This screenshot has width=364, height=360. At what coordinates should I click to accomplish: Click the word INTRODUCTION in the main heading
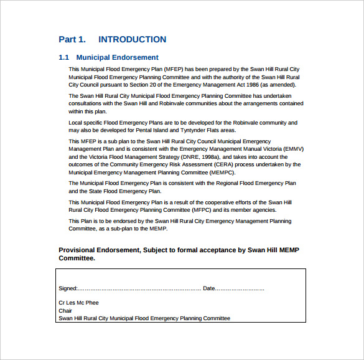click(x=132, y=40)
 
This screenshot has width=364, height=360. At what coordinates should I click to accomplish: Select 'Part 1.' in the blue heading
click(x=72, y=40)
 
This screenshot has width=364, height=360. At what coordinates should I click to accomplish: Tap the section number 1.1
click(x=63, y=58)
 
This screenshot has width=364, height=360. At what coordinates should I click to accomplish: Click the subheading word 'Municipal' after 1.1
click(x=93, y=58)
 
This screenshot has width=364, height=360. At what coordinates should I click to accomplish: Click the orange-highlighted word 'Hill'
click(x=143, y=103)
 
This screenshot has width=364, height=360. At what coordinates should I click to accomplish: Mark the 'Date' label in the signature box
click(x=209, y=288)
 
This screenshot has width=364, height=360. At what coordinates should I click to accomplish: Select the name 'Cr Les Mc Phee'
click(x=78, y=303)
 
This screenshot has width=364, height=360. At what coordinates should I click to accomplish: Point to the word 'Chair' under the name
click(x=65, y=311)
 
